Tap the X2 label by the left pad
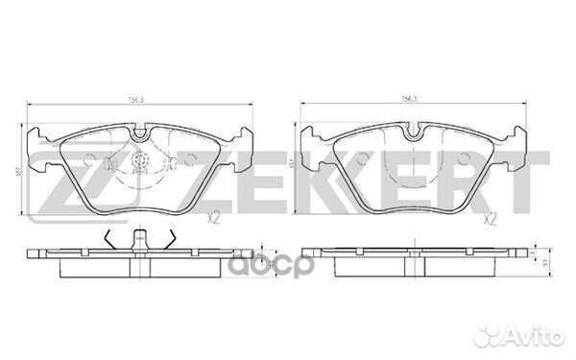[x=213, y=220]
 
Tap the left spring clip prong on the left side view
[x=113, y=240]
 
